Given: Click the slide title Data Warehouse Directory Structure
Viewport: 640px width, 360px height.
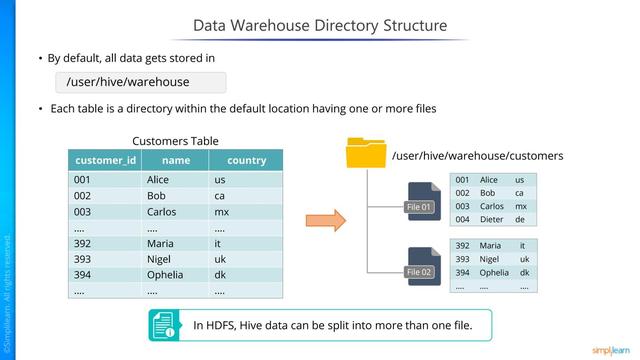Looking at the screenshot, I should click(x=320, y=24).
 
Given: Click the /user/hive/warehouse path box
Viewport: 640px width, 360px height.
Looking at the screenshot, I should click(x=141, y=81).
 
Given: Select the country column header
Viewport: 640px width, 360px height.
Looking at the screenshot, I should click(x=246, y=160).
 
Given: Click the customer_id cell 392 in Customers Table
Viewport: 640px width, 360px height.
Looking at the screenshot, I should click(x=83, y=243).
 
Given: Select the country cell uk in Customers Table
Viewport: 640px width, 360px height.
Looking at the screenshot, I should click(x=219, y=260).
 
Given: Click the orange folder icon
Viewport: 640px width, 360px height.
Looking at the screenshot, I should click(x=365, y=155).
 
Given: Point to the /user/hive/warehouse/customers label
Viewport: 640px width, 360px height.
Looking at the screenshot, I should click(x=477, y=156).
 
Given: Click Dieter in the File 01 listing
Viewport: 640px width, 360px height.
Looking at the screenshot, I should click(x=492, y=219).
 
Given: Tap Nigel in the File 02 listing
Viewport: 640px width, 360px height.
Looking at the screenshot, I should click(x=491, y=258).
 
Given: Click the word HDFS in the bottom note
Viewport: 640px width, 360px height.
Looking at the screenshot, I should click(x=221, y=325).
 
